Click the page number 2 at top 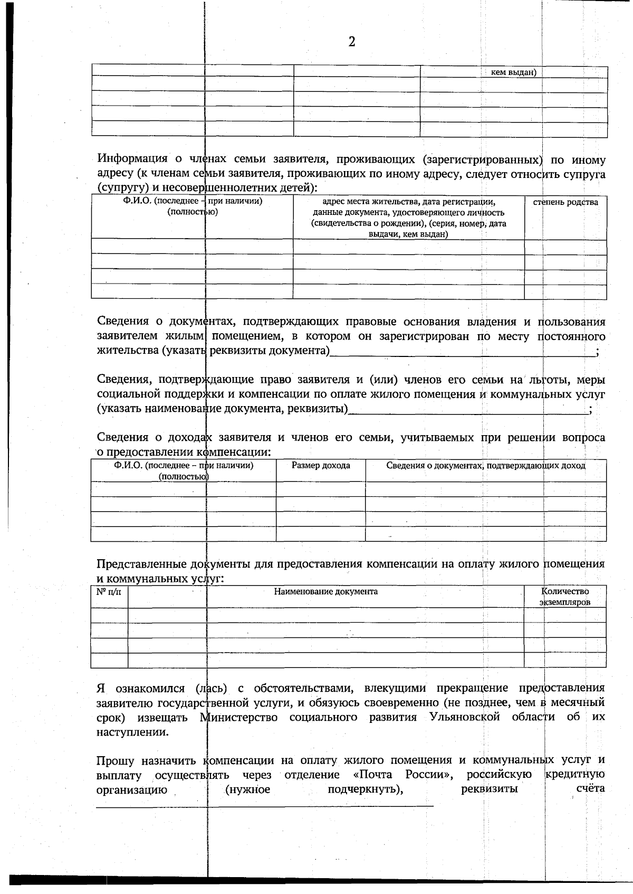pyautogui.click(x=352, y=42)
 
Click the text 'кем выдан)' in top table pyautogui.click(x=513, y=73)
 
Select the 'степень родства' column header pyautogui.click(x=565, y=202)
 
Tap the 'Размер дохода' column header pyautogui.click(x=321, y=466)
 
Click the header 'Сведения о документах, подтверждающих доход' pyautogui.click(x=485, y=466)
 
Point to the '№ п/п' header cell pyautogui.click(x=109, y=592)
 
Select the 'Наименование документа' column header pyautogui.click(x=325, y=591)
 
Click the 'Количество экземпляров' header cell pyautogui.click(x=565, y=597)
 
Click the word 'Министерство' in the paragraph pyautogui.click(x=240, y=718)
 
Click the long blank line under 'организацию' pyautogui.click(x=264, y=806)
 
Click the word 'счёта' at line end pyautogui.click(x=590, y=790)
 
